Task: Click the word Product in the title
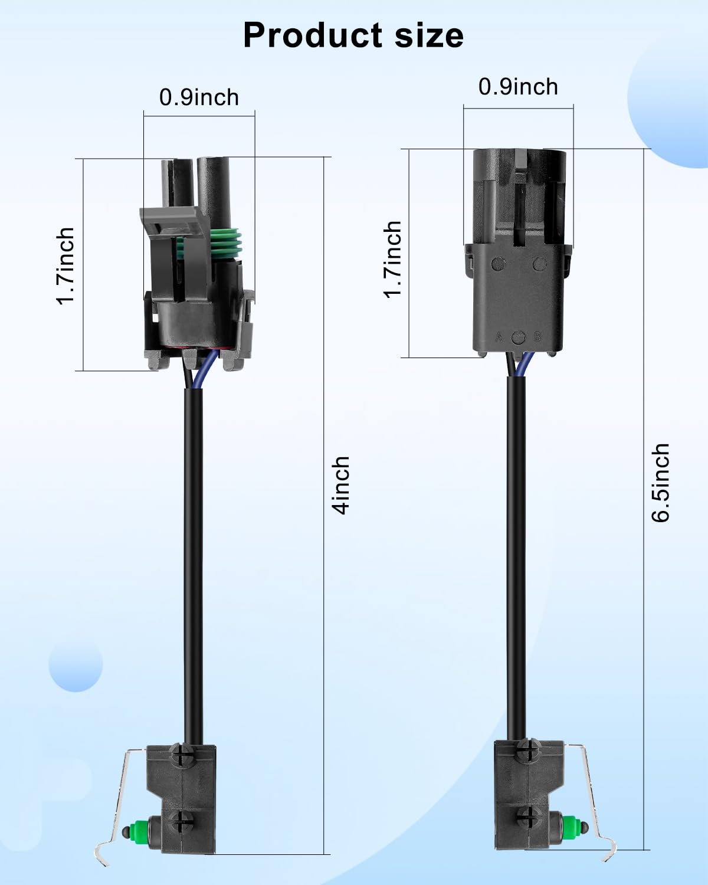click(313, 35)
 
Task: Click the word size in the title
click(429, 35)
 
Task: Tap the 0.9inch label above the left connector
click(199, 97)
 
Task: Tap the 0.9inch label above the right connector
click(518, 87)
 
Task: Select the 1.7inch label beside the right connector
click(393, 259)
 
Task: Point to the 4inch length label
click(340, 485)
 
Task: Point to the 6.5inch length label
click(661, 483)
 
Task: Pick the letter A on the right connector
click(499, 337)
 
